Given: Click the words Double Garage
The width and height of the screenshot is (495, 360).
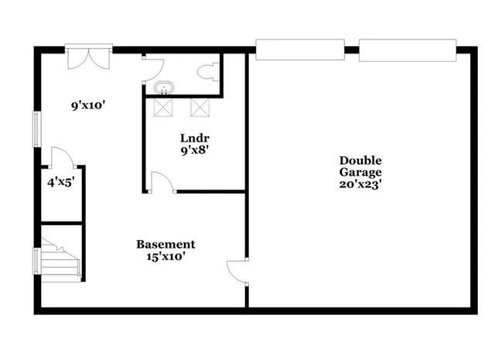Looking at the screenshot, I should pos(360,166).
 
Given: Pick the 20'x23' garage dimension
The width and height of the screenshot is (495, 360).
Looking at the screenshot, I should pos(360,185).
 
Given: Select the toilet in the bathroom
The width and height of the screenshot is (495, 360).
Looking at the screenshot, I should pos(205,73).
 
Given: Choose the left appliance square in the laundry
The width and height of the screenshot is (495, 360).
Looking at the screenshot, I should pos(164,107).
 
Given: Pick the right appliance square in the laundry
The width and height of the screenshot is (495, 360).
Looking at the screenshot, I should pos(200,107).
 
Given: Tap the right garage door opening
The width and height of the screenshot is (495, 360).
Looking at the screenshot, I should pos(408,51).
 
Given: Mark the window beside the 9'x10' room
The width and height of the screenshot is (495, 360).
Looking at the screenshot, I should pos(36,129).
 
